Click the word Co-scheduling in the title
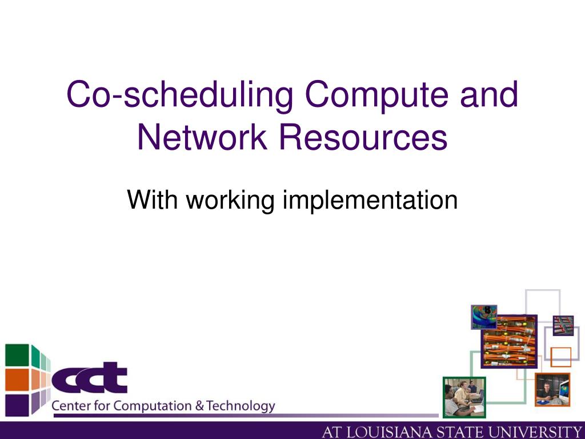[179, 95]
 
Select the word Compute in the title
[376, 94]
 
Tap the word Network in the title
[202, 137]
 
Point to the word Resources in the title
[363, 137]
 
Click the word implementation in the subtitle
[370, 200]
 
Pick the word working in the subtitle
[230, 200]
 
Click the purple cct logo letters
[90, 377]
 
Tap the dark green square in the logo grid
[17, 355]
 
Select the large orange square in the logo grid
[17, 380]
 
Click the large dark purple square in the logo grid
[17, 405]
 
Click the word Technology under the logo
[241, 406]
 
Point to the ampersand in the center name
[199, 406]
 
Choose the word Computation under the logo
[152, 406]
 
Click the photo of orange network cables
[509, 341]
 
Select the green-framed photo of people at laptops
[464, 397]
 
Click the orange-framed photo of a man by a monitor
[552, 389]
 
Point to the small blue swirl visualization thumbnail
[484, 317]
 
